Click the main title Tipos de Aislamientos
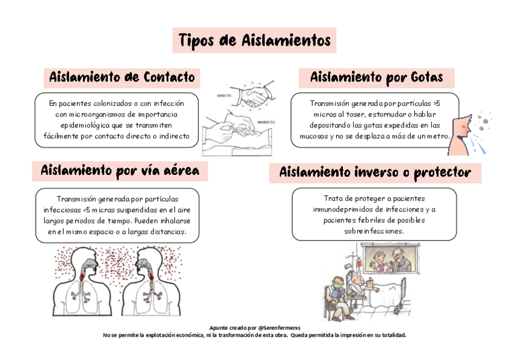click(x=254, y=41)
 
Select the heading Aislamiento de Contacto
click(x=122, y=78)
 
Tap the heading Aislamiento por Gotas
click(x=376, y=78)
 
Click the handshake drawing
click(x=253, y=95)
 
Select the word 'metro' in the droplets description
click(x=438, y=136)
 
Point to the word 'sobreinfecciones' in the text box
click(x=374, y=231)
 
